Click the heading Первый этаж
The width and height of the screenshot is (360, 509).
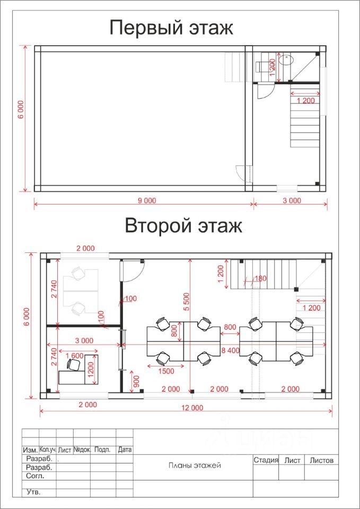(171, 28)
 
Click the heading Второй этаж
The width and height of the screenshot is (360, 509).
(183, 226)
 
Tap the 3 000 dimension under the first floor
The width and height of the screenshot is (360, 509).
(292, 200)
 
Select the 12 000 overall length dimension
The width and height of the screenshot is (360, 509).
(192, 408)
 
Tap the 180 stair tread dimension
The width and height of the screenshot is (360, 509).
(260, 278)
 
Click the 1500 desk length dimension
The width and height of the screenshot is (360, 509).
(165, 371)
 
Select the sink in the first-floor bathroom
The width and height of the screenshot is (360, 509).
(286, 60)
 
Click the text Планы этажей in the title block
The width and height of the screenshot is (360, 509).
(195, 465)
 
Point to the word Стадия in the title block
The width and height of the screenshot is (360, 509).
(266, 460)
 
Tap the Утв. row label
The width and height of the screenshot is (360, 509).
(33, 492)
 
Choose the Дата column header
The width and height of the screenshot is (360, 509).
(125, 450)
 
